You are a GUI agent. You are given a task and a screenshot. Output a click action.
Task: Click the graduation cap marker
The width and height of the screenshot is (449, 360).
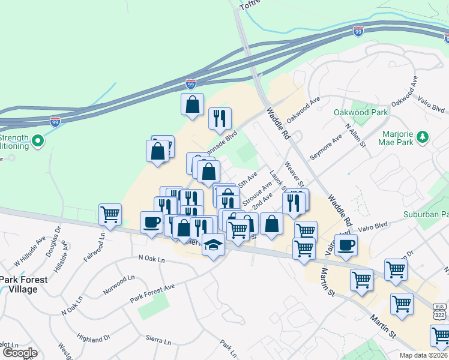point(213,244)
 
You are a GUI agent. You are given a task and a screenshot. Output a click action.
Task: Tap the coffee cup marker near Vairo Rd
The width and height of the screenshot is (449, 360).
point(346,245)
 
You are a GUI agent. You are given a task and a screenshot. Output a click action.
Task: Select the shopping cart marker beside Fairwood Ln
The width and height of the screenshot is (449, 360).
point(110,214)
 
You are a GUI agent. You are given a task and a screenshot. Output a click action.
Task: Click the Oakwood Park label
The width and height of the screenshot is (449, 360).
point(361,112)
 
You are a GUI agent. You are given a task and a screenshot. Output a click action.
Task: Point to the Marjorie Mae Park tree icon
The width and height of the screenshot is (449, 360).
point(423,136)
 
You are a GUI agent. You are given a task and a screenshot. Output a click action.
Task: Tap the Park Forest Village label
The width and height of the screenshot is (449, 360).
point(19,284)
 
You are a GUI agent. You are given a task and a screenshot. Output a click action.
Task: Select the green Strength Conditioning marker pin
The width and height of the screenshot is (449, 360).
point(38,142)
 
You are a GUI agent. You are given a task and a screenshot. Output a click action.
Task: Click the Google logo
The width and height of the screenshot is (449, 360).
point(20,353)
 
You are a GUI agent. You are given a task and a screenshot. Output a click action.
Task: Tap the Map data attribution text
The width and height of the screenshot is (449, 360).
point(423,355)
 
